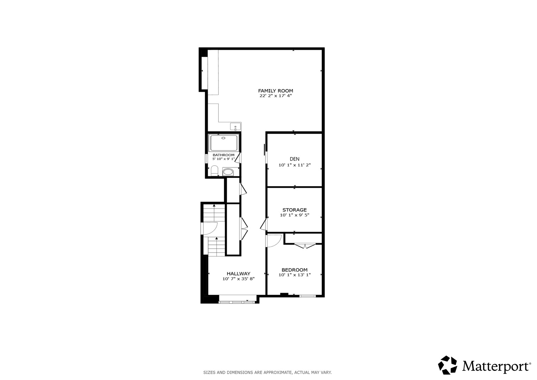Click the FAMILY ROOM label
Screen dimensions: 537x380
[x=275, y=91]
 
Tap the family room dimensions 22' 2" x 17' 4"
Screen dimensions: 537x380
[x=275, y=96]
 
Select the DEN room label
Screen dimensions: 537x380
[x=294, y=159]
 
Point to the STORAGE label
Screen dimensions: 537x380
[x=294, y=210]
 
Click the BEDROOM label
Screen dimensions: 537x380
[x=294, y=270]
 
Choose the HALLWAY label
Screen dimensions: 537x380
[x=238, y=273]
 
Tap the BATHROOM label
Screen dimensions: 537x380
[x=223, y=155]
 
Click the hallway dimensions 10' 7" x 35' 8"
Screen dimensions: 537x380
[x=238, y=279]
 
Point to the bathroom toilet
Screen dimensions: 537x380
[x=214, y=170]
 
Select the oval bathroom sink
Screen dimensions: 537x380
[x=228, y=172]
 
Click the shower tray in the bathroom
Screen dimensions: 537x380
[x=223, y=143]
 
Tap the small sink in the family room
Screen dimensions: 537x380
[x=235, y=127]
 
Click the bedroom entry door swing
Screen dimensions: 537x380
[x=274, y=241]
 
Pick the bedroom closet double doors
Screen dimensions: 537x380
[x=305, y=246]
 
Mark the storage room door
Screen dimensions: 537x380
[x=264, y=224]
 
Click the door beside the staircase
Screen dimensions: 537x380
[x=209, y=228]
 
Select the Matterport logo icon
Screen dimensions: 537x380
[x=447, y=365]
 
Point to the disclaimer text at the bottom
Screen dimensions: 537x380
[x=267, y=373]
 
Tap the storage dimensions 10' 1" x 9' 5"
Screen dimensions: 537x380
[x=294, y=215]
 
